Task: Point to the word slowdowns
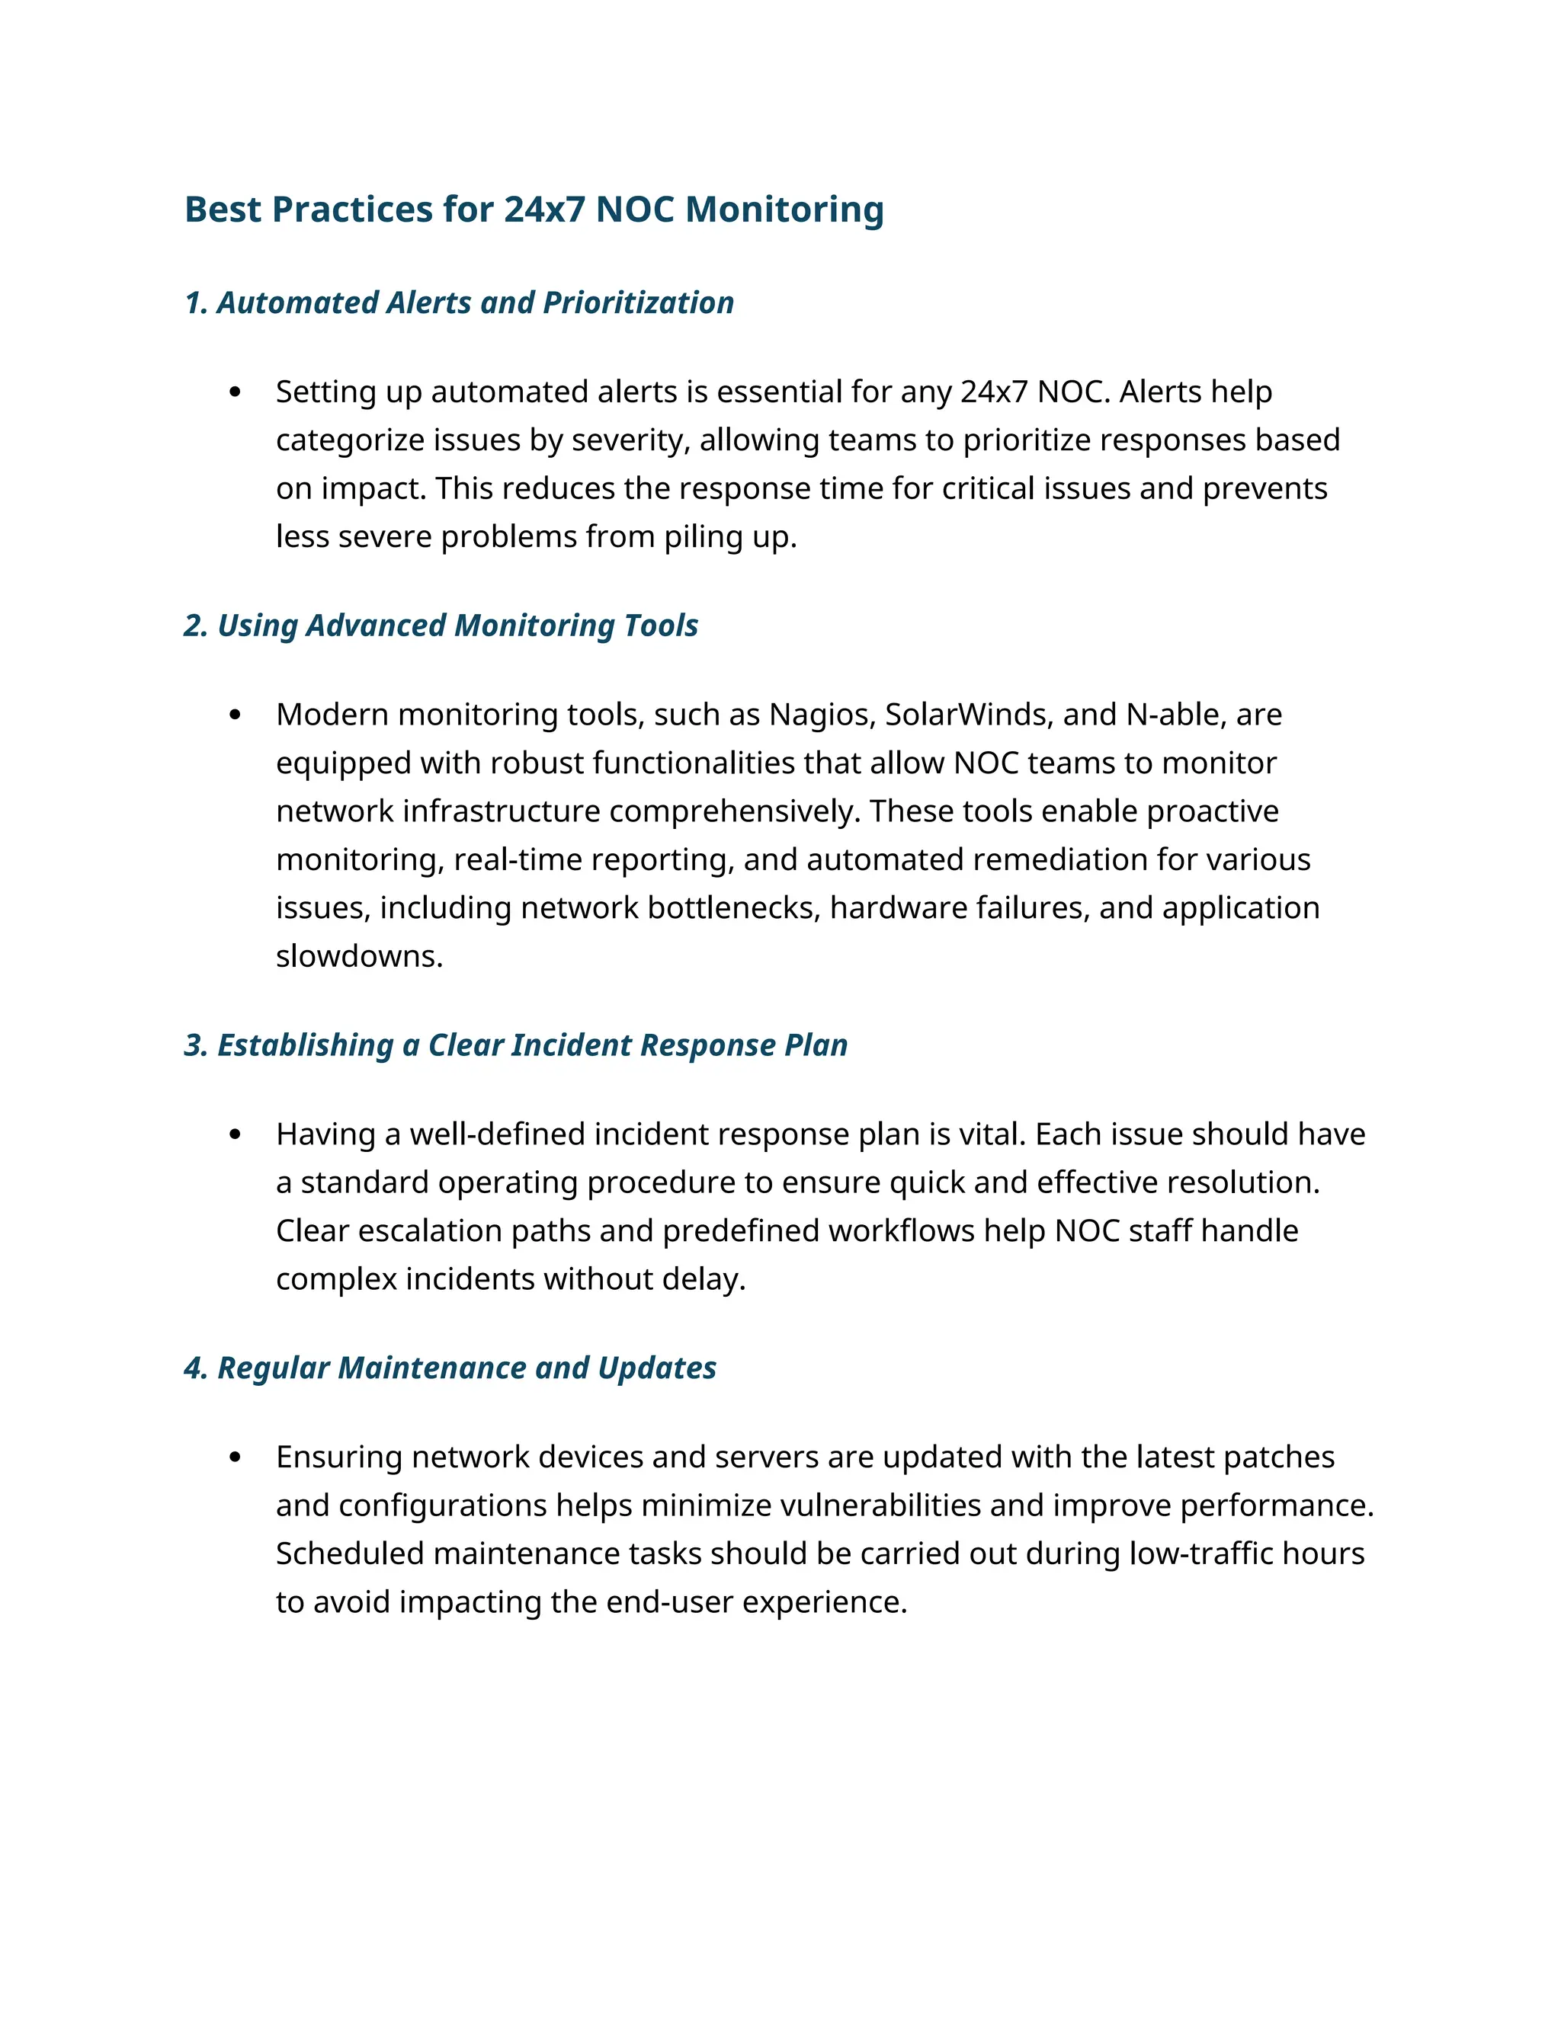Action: click(359, 956)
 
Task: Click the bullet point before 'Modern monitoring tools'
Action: click(235, 715)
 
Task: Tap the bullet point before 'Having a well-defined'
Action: click(235, 1135)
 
